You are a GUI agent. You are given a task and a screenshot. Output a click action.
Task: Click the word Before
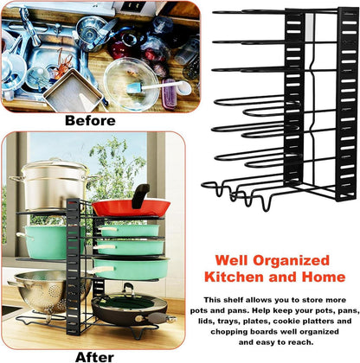pos(90,120)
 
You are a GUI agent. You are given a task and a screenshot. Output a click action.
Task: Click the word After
pos(94,357)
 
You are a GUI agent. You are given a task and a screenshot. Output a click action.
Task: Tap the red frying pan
pos(131,208)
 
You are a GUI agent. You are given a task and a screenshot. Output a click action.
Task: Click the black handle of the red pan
pos(140,196)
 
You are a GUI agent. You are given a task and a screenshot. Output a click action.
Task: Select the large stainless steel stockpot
pos(54,184)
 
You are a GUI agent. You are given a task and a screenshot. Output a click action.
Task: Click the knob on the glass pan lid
pos(128,288)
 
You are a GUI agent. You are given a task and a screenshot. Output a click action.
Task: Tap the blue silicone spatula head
pos(135,88)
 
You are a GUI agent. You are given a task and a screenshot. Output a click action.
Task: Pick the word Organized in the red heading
pos(291,261)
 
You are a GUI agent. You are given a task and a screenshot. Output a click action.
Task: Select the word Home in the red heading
pos(324,277)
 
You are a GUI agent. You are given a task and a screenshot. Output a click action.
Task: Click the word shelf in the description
pos(232,300)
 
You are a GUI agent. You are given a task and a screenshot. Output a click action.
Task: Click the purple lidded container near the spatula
pos(169,94)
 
